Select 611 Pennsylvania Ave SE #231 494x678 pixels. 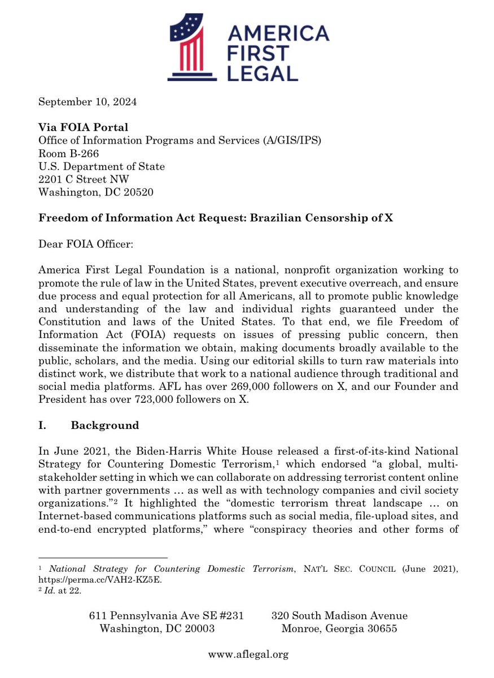[x=167, y=615]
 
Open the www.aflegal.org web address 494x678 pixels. [x=248, y=654]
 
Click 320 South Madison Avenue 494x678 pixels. [x=339, y=615]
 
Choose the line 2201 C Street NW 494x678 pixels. [x=84, y=179]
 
